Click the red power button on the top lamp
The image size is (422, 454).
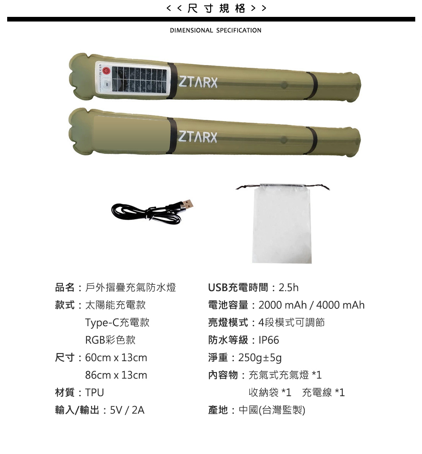point(106,71)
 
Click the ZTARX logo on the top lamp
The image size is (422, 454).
point(198,82)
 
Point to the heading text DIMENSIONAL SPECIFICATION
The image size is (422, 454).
point(216,30)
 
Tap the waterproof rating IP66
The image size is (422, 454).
point(269,340)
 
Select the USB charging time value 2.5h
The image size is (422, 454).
point(289,287)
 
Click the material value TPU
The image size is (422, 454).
point(95,393)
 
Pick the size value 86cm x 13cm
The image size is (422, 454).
point(116,375)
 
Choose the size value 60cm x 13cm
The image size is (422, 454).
point(116,357)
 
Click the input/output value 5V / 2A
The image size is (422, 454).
point(127,410)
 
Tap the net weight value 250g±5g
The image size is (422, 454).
point(260,358)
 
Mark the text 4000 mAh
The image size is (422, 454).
point(340,305)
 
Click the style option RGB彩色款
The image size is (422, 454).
point(110,340)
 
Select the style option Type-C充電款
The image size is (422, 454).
point(117,322)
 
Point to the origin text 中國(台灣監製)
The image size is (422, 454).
point(272,410)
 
